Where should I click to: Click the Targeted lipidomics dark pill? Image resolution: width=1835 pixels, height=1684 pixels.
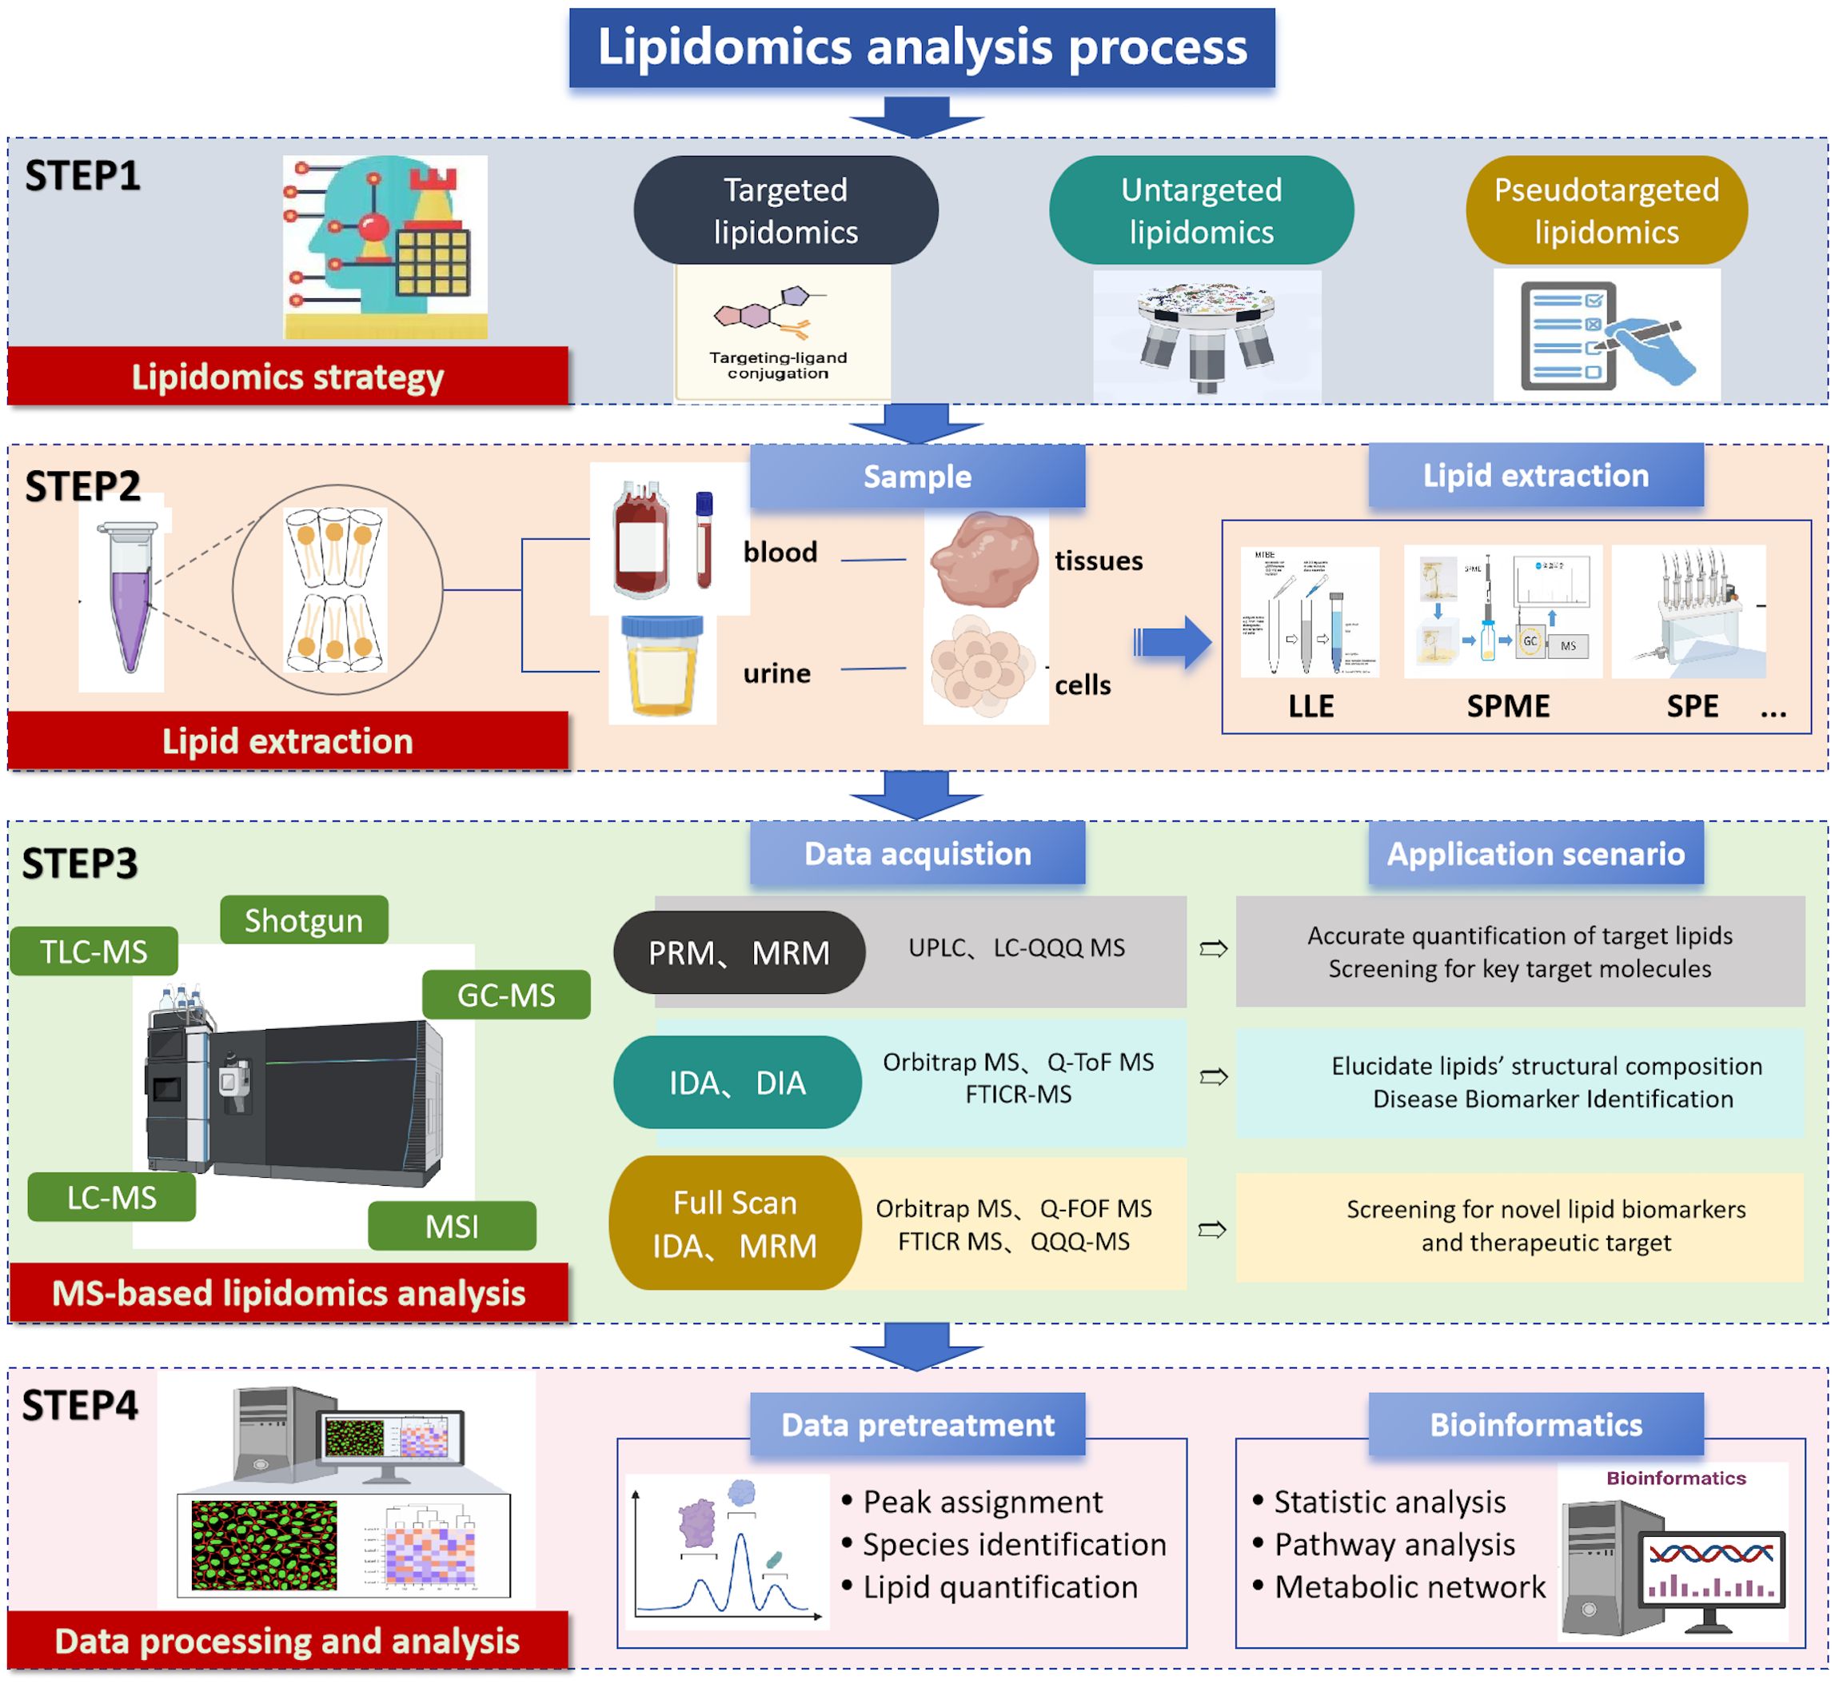[x=785, y=210]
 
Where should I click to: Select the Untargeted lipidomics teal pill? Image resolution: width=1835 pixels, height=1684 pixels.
[x=1201, y=210]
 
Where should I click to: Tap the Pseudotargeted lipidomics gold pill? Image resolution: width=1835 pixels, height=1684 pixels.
[x=1606, y=210]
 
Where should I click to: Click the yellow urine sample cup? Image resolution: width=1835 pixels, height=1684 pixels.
[x=661, y=667]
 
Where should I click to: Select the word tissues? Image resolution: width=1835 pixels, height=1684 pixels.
[x=1098, y=561]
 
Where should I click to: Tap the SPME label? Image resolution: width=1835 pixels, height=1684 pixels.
[x=1507, y=706]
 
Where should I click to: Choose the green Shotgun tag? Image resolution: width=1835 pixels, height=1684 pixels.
[x=303, y=920]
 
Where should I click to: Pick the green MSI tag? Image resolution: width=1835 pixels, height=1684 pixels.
[x=452, y=1227]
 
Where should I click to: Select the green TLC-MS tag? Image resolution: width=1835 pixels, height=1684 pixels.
[x=94, y=952]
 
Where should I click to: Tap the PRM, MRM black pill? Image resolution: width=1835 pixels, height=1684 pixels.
[x=739, y=952]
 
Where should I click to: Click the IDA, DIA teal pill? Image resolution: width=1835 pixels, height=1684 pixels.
[x=737, y=1083]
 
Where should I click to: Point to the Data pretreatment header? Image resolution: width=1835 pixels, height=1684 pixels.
[x=918, y=1424]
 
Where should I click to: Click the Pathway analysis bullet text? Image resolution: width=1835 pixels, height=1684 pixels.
[x=1394, y=1545]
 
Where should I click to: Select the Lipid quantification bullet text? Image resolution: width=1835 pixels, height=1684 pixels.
[x=999, y=1586]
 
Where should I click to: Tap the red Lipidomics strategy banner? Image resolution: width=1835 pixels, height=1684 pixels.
[x=287, y=377]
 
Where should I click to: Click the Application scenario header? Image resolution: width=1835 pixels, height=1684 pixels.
[x=1535, y=854]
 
